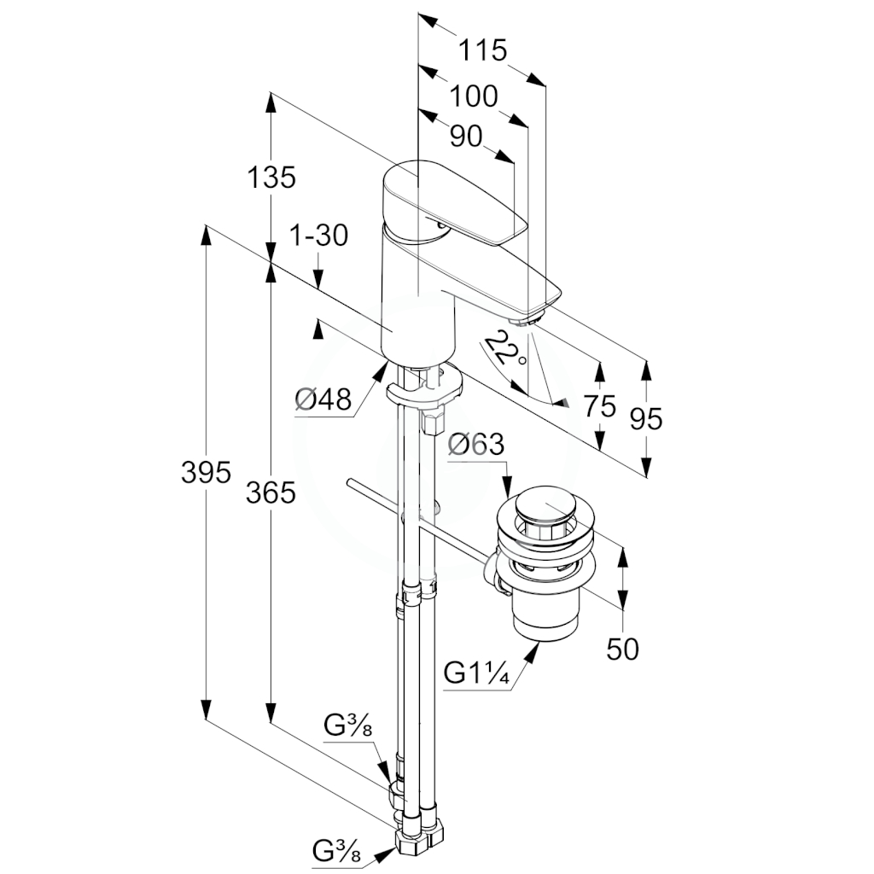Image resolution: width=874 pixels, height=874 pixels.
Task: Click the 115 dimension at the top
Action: tap(483, 50)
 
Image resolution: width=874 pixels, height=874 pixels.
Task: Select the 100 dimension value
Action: tap(473, 96)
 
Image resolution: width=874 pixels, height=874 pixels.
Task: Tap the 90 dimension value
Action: tap(466, 137)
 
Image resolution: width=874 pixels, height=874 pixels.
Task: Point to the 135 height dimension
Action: tap(271, 178)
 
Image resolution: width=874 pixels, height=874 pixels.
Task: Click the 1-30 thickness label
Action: tap(319, 236)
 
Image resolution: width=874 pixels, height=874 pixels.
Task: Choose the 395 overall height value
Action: tap(206, 473)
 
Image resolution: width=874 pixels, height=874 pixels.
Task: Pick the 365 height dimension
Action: tap(271, 492)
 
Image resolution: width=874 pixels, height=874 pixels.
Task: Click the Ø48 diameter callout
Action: tap(323, 399)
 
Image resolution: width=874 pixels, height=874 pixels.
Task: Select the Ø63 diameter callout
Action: tap(476, 444)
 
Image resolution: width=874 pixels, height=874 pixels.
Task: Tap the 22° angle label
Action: tap(504, 349)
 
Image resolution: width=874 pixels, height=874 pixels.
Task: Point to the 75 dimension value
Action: tap(600, 405)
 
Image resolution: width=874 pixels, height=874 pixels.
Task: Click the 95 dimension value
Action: tap(646, 418)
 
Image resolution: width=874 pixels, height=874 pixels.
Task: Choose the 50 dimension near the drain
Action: tap(622, 650)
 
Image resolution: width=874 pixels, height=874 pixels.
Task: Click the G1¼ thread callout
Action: tap(476, 673)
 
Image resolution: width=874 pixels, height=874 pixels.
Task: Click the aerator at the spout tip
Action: tap(526, 321)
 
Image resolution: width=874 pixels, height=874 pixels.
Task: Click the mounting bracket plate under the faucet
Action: tap(424, 386)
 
